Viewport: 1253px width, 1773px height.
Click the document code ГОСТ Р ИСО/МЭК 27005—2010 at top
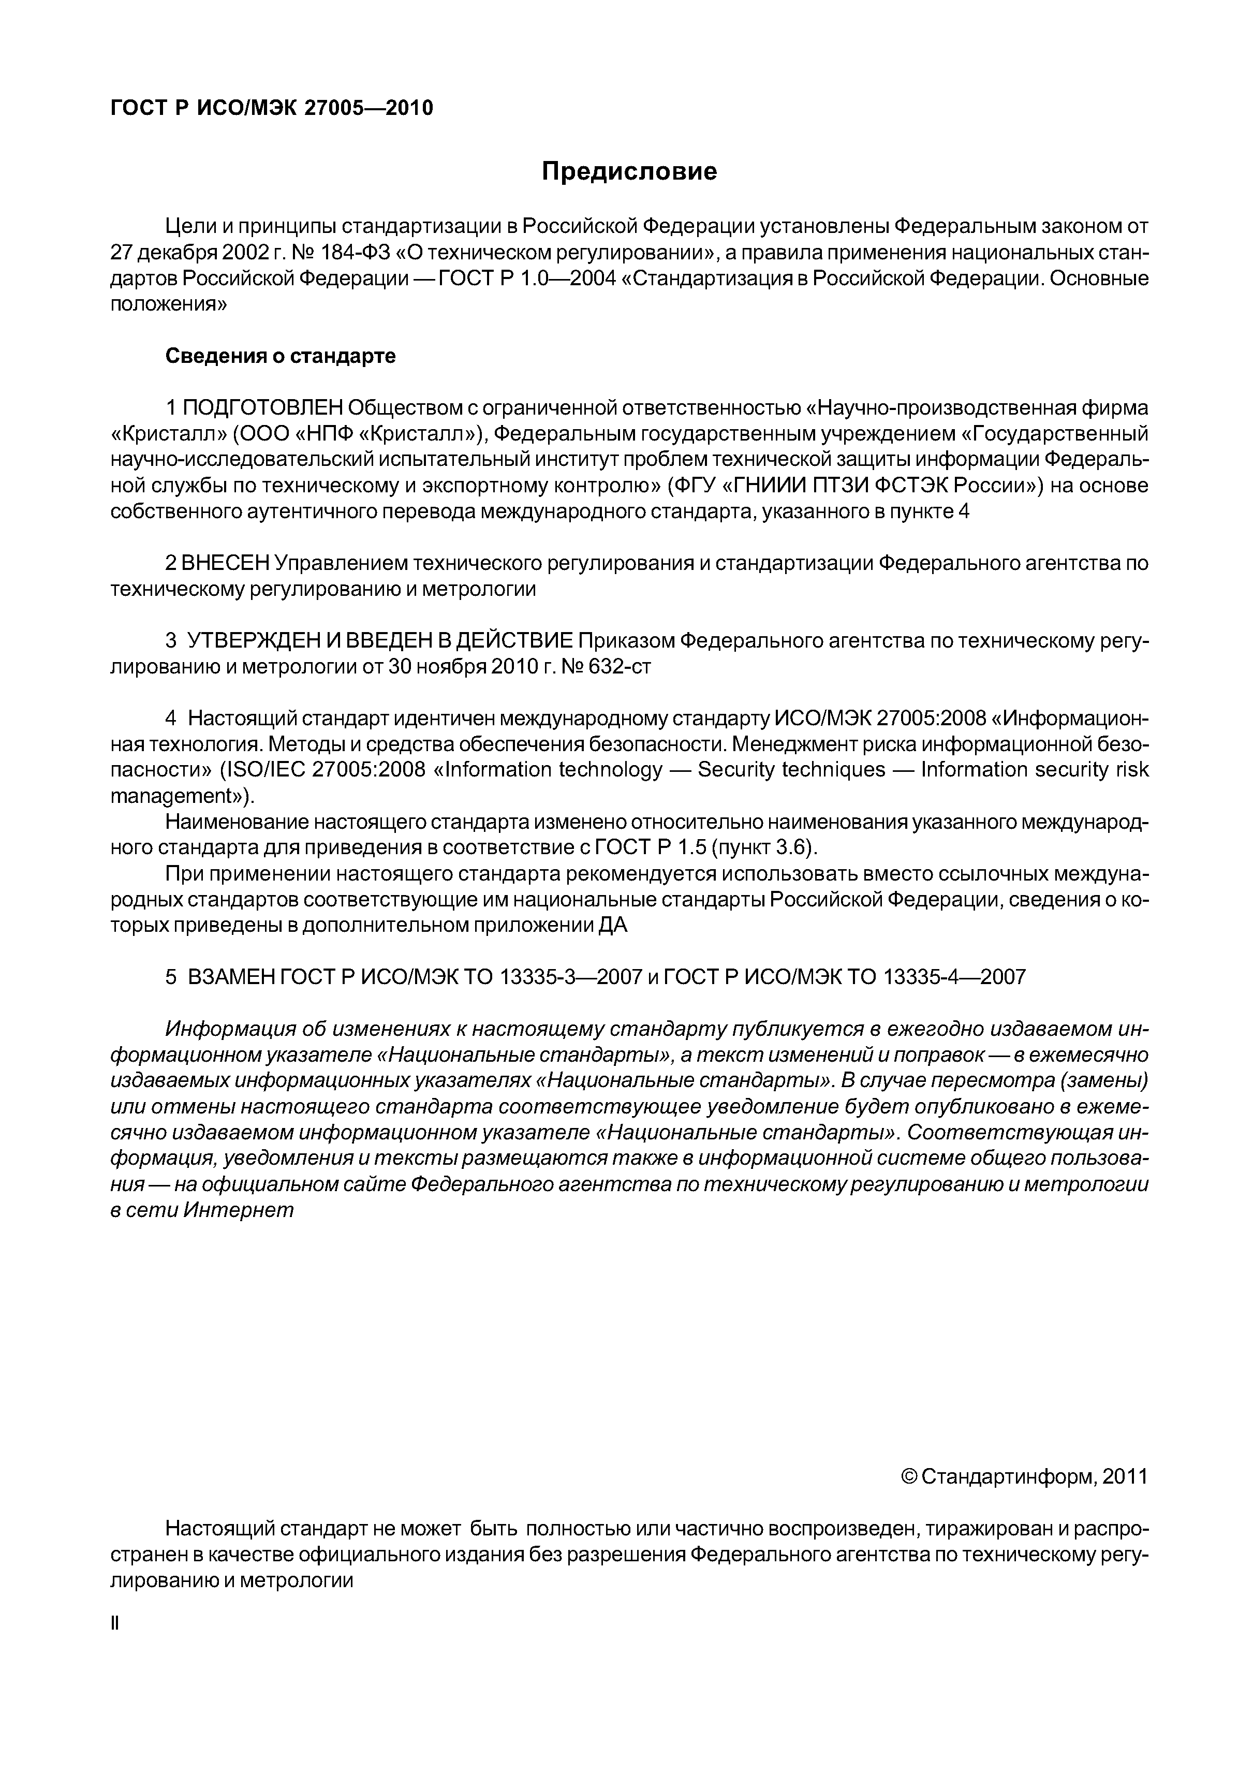click(x=272, y=108)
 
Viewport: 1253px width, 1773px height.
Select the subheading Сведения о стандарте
click(x=280, y=356)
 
